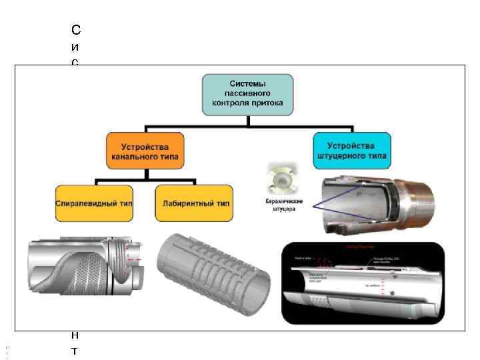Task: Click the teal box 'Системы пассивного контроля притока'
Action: click(247, 93)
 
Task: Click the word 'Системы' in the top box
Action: click(247, 83)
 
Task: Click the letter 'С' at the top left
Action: click(75, 29)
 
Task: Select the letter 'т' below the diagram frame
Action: click(75, 349)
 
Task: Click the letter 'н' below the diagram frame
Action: click(75, 335)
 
